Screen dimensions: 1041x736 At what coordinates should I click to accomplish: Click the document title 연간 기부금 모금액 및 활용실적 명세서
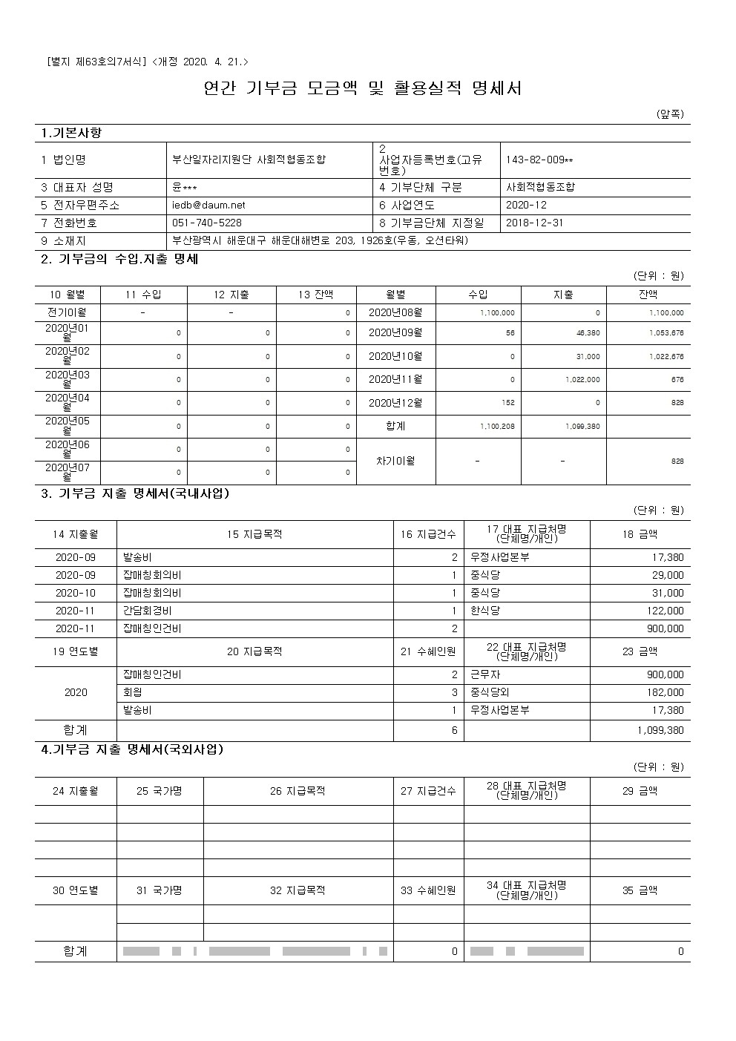click(x=363, y=89)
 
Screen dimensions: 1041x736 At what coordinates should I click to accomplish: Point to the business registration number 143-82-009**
click(x=539, y=160)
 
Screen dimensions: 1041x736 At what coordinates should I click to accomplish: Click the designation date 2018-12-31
click(x=534, y=223)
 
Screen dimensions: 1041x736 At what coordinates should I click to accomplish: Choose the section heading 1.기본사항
click(x=71, y=134)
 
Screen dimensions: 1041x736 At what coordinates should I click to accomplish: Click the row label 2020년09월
click(x=395, y=333)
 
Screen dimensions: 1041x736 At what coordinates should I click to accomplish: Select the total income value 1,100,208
click(x=497, y=427)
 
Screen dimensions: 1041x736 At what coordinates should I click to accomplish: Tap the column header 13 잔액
click(x=316, y=295)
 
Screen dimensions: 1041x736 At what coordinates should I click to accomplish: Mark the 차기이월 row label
click(x=395, y=461)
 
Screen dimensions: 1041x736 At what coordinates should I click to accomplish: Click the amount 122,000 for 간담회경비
click(x=666, y=611)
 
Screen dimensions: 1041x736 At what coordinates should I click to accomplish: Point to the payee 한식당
click(x=485, y=611)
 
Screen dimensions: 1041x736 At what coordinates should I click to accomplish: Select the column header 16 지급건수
click(x=428, y=534)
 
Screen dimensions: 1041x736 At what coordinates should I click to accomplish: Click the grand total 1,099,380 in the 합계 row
click(x=660, y=731)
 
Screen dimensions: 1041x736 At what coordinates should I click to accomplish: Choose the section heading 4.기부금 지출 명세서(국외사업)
click(x=132, y=749)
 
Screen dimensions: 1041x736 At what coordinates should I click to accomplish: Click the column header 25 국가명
click(x=160, y=791)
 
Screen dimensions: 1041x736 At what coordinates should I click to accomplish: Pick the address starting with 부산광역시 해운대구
click(x=320, y=241)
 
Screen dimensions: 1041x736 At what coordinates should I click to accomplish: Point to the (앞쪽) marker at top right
click(x=670, y=114)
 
